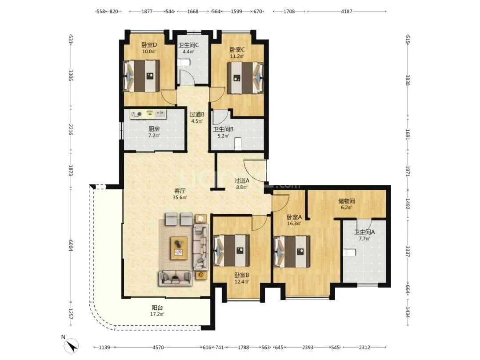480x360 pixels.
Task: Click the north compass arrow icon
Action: (71, 346)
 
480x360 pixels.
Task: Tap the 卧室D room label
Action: (149, 45)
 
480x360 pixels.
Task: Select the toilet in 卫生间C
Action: (184, 63)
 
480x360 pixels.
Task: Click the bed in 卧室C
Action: (245, 78)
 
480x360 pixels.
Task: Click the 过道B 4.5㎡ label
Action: (197, 117)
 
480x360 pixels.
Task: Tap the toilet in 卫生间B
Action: (237, 144)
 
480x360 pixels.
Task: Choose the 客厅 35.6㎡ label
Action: (180, 194)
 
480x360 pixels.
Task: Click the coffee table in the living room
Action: (179, 248)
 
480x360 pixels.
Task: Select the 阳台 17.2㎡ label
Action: (157, 311)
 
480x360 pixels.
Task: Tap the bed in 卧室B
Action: (232, 250)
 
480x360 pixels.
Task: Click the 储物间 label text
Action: (347, 201)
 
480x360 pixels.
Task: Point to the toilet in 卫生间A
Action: (349, 252)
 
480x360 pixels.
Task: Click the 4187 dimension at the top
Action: (347, 11)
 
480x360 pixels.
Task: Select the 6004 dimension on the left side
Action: (71, 245)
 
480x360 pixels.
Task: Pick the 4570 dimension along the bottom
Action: (158, 348)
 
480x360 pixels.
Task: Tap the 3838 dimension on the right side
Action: (408, 80)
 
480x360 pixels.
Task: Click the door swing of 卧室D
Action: (168, 96)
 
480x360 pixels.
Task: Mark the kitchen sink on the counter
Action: (160, 114)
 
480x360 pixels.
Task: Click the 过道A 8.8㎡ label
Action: (242, 184)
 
